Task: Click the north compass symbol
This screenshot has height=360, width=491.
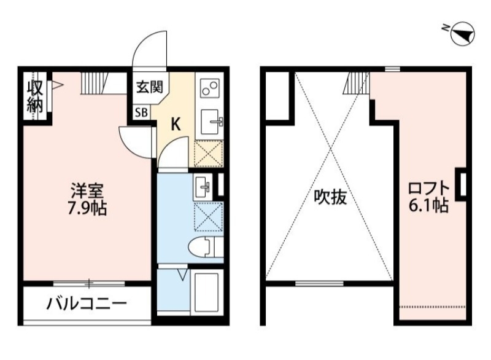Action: coord(462,33)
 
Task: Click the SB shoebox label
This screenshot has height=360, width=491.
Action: coord(141,112)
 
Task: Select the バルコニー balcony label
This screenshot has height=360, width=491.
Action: coord(86,303)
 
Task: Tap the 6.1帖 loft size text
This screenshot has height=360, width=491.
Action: coord(429,205)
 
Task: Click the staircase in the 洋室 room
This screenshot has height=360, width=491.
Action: coord(96,82)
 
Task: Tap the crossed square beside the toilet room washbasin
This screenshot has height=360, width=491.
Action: coord(208,216)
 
